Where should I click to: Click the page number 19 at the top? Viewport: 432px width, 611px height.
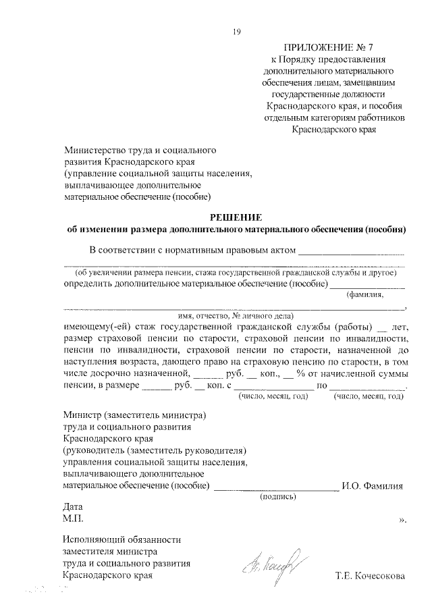236,31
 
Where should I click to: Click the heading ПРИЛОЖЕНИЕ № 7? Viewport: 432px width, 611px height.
329,47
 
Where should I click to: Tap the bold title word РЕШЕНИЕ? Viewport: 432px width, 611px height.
234,217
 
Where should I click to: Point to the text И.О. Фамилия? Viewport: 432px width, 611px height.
373,485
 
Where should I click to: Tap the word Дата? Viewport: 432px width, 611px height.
72,506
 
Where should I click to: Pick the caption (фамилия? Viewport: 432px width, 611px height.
365,295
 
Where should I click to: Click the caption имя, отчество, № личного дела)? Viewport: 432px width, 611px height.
234,315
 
